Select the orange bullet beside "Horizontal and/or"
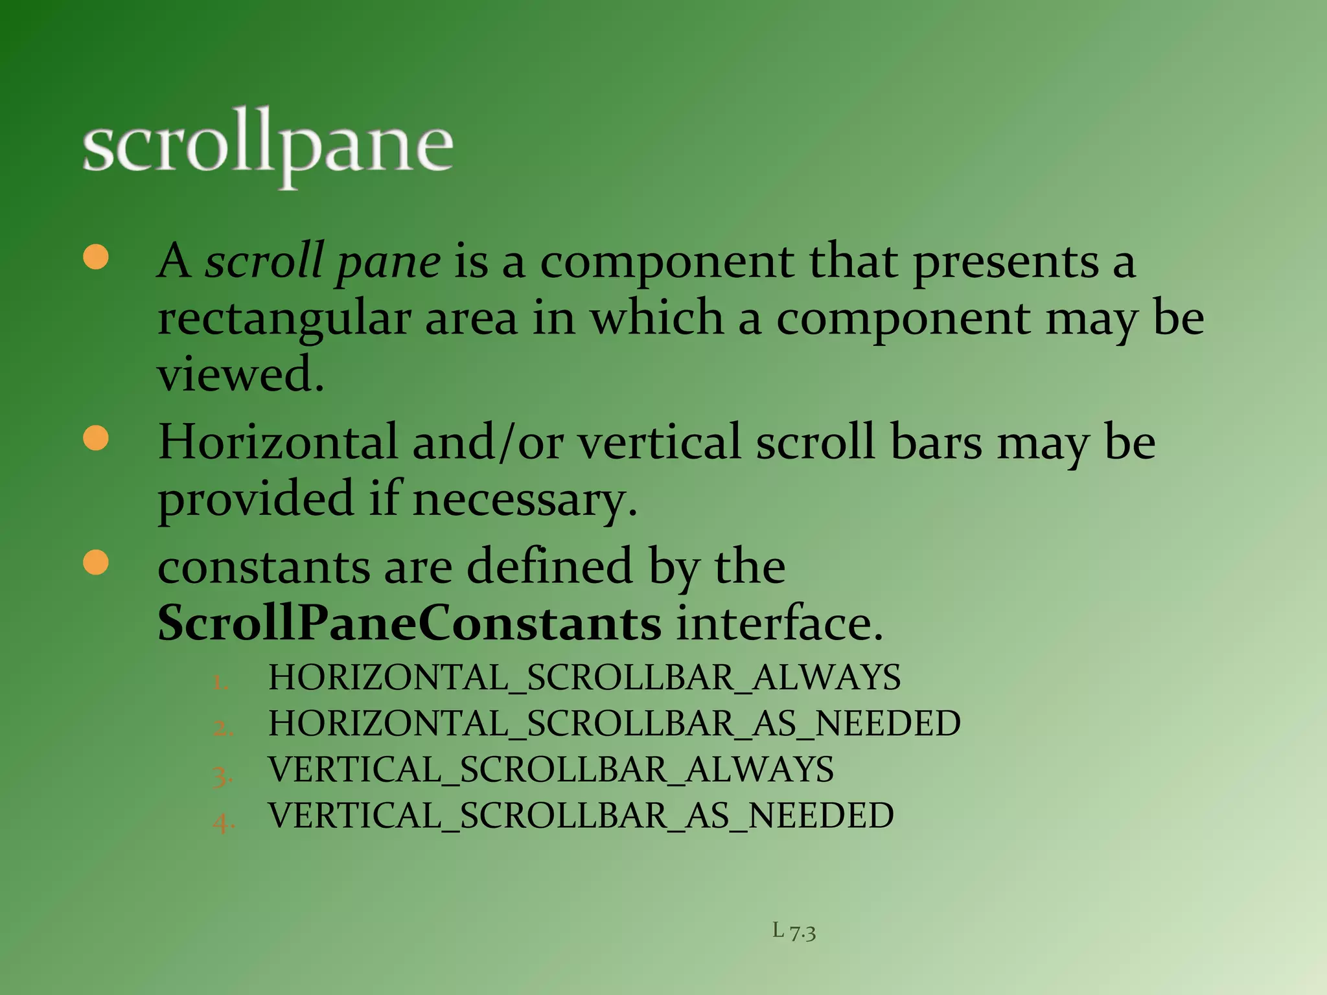(96, 438)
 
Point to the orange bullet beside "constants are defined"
(96, 562)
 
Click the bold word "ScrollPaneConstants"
(410, 623)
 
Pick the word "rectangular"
(284, 319)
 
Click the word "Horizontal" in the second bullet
(277, 442)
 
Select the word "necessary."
(525, 500)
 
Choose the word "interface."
(779, 623)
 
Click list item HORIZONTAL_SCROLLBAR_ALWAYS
(584, 678)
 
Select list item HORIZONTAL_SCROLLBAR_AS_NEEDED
(614, 724)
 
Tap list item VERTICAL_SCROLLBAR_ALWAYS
(551, 770)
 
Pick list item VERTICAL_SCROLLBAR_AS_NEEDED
(581, 816)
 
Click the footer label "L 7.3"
(794, 932)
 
